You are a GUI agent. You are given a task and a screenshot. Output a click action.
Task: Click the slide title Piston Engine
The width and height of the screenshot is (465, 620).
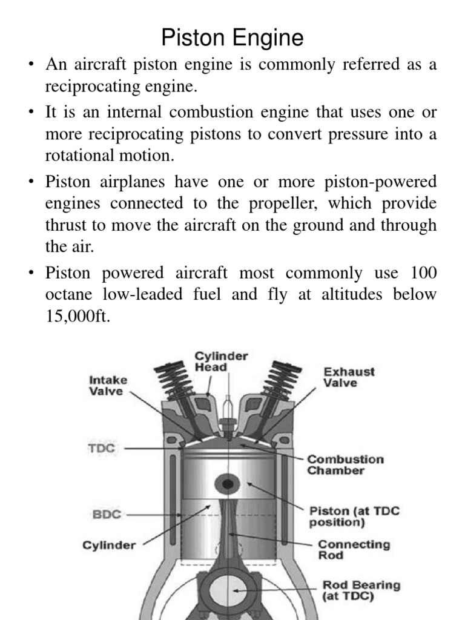point(232,38)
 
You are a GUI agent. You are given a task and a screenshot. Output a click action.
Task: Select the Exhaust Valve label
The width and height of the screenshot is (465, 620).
point(349,377)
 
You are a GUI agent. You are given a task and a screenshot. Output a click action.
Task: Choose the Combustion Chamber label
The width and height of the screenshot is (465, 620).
point(345,464)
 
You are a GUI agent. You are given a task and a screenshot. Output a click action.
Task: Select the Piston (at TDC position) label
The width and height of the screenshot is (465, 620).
point(354,516)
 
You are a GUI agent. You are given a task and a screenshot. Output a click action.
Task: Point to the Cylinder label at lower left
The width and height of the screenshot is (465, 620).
point(109,544)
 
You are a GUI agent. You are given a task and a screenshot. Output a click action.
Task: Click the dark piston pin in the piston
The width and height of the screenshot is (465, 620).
point(228,484)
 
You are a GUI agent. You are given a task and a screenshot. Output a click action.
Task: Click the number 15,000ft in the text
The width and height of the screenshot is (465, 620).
point(78,317)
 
